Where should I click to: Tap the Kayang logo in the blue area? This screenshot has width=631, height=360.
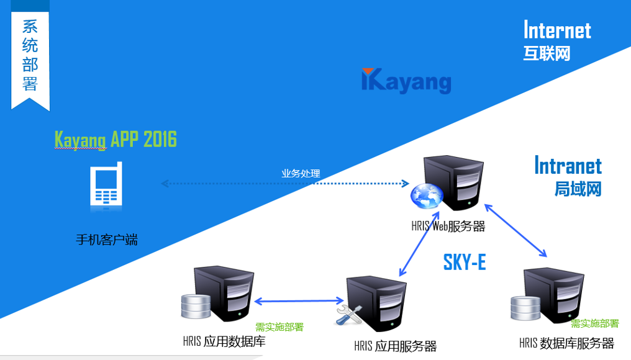(x=406, y=81)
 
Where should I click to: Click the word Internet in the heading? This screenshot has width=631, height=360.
(x=557, y=30)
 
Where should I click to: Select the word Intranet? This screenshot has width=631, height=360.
(x=568, y=166)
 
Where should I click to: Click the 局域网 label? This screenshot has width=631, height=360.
(x=578, y=189)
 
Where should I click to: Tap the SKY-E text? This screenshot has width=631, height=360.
(x=464, y=263)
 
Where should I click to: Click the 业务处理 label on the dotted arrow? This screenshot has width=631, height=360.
(x=301, y=174)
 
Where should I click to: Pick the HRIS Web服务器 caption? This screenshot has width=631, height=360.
(x=448, y=227)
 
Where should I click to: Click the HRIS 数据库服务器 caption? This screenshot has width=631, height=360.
(x=566, y=343)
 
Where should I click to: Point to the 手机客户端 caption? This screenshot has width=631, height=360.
(x=106, y=240)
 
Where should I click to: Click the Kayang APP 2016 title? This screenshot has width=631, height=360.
(x=116, y=139)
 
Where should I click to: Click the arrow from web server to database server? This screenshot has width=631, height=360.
(x=516, y=229)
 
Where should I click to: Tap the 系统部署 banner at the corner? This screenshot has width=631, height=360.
(x=30, y=56)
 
